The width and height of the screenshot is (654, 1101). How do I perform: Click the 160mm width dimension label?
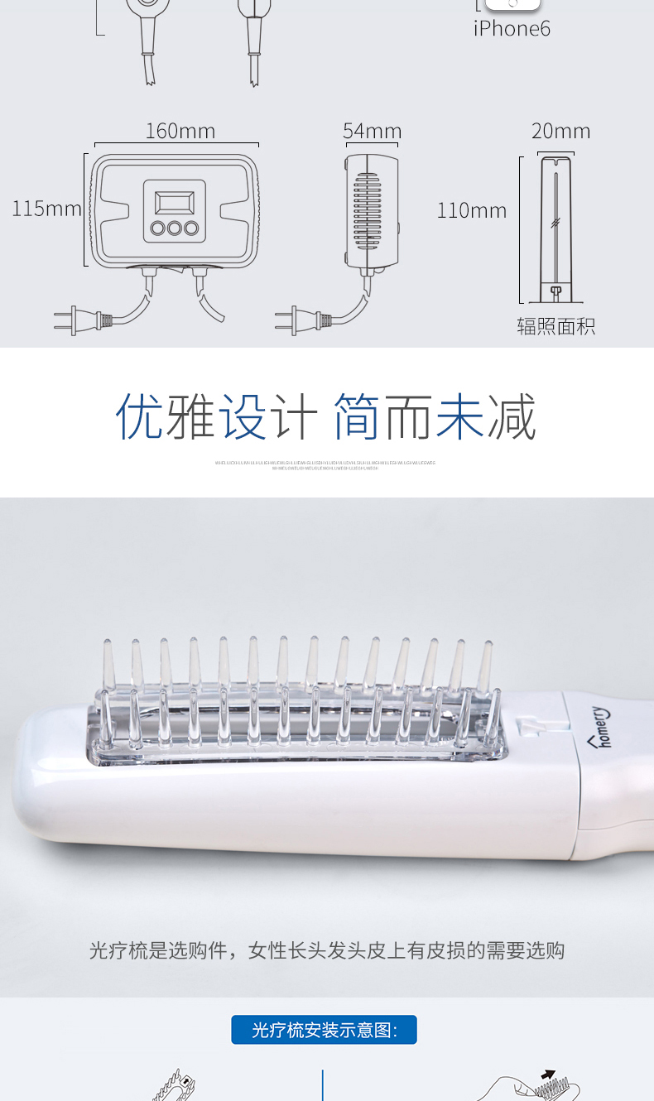[x=180, y=132]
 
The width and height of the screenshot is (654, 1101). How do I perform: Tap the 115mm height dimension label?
[x=46, y=209]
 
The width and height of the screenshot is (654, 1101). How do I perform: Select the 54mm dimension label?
[x=372, y=132]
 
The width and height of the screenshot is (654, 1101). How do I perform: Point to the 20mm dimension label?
[x=560, y=132]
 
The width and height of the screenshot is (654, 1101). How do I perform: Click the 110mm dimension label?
[x=471, y=211]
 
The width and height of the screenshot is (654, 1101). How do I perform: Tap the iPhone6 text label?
[x=512, y=29]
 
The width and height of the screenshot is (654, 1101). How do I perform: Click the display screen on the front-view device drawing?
[x=175, y=201]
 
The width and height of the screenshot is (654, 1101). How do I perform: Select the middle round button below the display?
[x=175, y=228]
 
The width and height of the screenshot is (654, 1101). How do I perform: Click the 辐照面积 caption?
[x=555, y=326]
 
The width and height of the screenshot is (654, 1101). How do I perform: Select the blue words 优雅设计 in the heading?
[x=217, y=416]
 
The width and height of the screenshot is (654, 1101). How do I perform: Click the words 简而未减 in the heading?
[x=435, y=416]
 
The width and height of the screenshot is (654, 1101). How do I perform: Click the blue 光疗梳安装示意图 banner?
[x=324, y=1030]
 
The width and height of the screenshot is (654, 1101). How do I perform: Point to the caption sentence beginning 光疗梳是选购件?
[x=326, y=950]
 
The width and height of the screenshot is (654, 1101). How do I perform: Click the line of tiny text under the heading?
[x=325, y=465]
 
